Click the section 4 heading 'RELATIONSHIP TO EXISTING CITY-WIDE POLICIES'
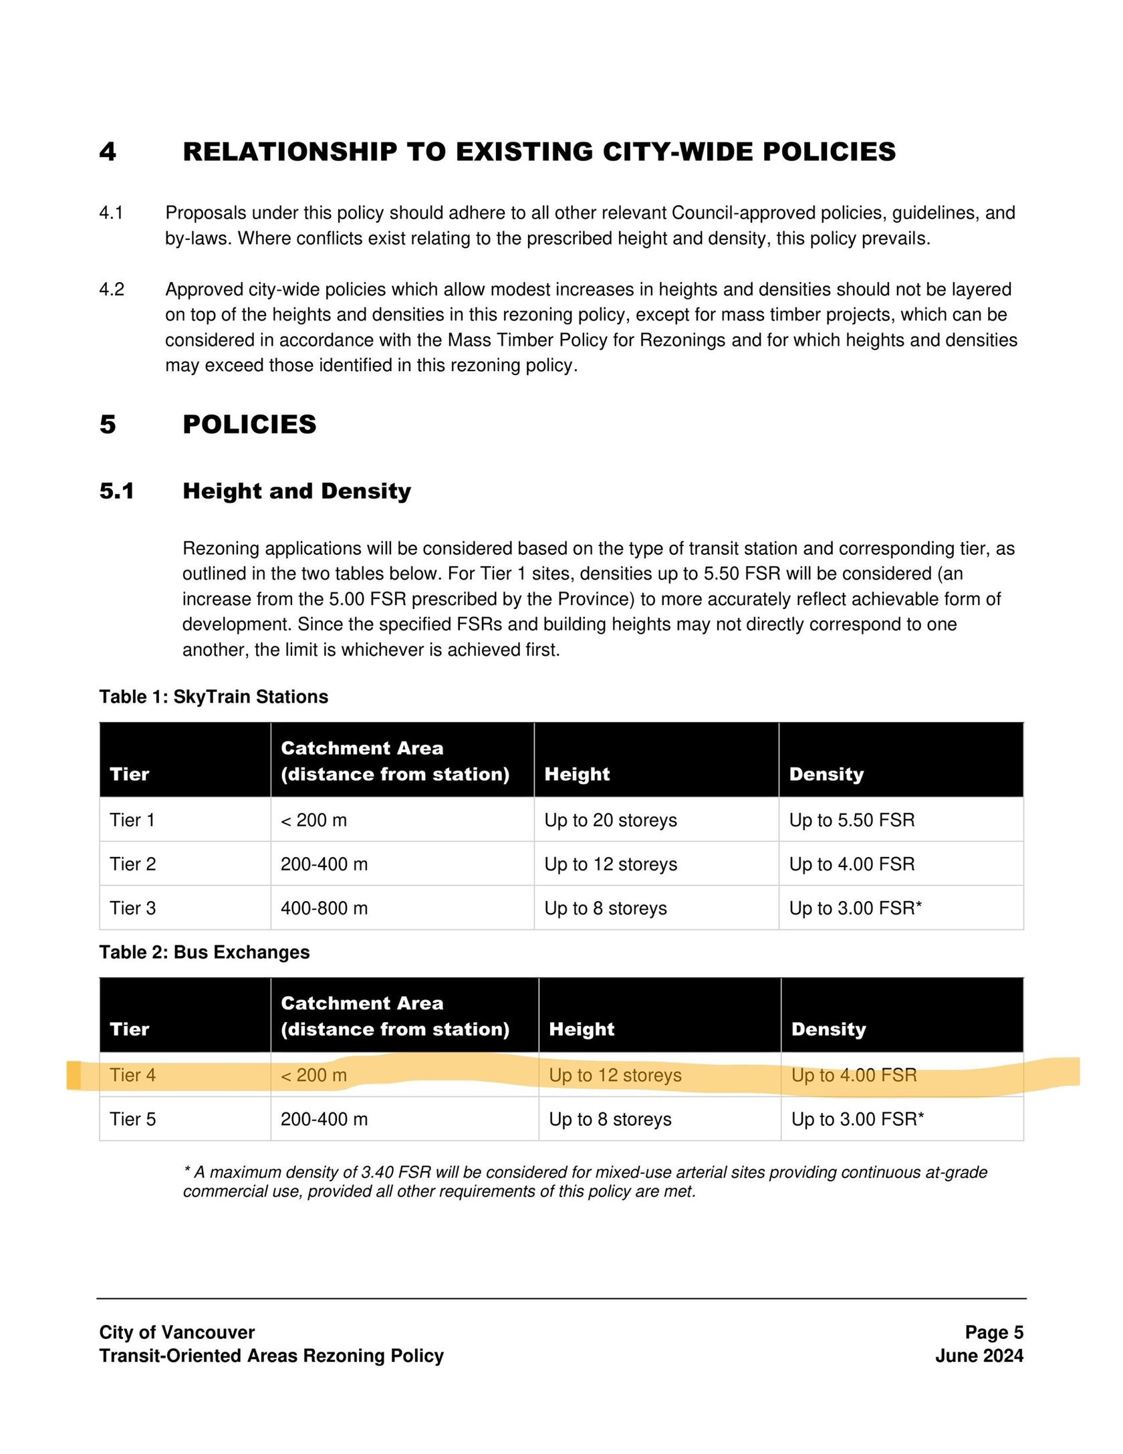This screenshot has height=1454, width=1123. point(539,152)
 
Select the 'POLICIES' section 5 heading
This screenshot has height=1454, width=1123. point(249,425)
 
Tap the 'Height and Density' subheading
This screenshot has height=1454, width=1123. point(297,491)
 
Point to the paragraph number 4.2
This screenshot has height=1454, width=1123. point(112,289)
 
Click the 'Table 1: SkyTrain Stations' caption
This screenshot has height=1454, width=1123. point(214,697)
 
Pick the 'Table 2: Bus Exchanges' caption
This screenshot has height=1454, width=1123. point(205,952)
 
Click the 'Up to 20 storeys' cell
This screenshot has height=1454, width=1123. point(610,820)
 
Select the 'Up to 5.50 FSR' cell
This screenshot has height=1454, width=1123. point(852,820)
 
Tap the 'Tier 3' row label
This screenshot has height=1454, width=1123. point(132,908)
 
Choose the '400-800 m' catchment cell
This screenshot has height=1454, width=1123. point(324,908)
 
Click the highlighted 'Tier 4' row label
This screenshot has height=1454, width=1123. point(132,1075)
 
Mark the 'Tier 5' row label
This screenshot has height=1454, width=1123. point(132,1119)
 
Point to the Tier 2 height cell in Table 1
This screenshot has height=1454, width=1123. point(610,864)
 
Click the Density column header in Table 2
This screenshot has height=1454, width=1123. point(828,1029)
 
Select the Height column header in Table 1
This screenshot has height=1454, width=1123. point(577,774)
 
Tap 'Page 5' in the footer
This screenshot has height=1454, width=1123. point(994,1332)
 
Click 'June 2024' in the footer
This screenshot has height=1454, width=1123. point(979,1356)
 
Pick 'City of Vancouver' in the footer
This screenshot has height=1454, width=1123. point(177,1332)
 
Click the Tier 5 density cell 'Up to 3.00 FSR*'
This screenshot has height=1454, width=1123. point(858,1119)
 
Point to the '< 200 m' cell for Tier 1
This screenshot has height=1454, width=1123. point(314,820)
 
